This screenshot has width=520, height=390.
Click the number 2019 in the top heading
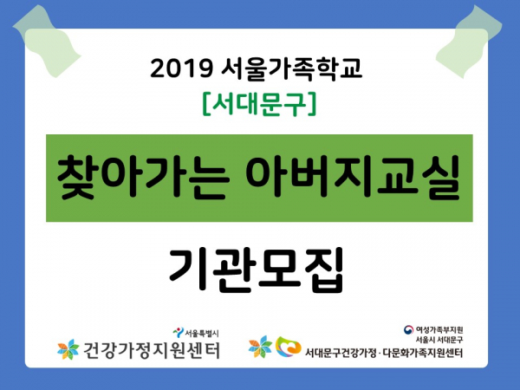181,68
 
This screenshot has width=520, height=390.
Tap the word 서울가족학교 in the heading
291,68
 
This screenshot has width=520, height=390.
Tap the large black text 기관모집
256,270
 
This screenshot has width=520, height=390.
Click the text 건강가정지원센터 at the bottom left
151,349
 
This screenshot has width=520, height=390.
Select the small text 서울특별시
202,333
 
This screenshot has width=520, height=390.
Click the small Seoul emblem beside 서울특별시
178,332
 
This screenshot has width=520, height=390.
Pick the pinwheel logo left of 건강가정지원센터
68,349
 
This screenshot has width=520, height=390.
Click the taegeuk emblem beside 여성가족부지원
408,329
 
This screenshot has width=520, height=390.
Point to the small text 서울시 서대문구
439,340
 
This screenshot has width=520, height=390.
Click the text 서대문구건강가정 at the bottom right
341,353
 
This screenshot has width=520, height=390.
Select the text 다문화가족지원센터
423,353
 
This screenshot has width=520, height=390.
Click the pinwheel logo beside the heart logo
260,347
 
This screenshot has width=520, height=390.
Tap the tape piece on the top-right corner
469,42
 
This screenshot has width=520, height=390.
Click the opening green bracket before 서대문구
205,104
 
